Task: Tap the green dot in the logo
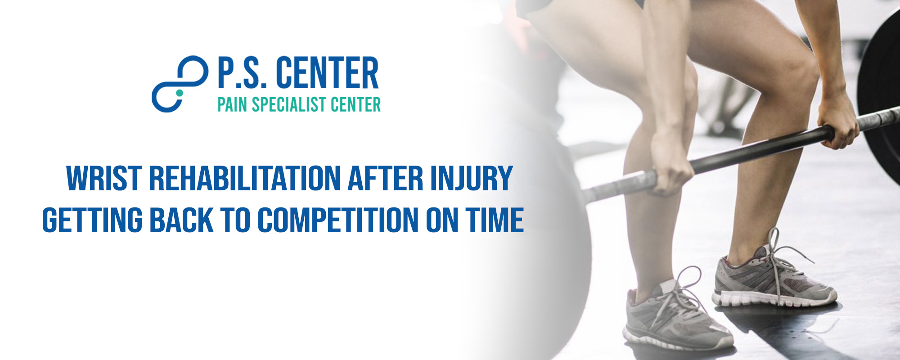pyautogui.click(x=180, y=93)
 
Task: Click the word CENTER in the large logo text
pyautogui.click(x=327, y=73)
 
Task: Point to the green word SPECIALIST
pyautogui.click(x=289, y=105)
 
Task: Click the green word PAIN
pyautogui.click(x=233, y=105)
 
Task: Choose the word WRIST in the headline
pyautogui.click(x=104, y=179)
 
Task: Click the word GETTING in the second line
pyautogui.click(x=92, y=220)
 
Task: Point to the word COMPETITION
pyautogui.click(x=338, y=220)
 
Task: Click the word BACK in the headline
pyautogui.click(x=181, y=220)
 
